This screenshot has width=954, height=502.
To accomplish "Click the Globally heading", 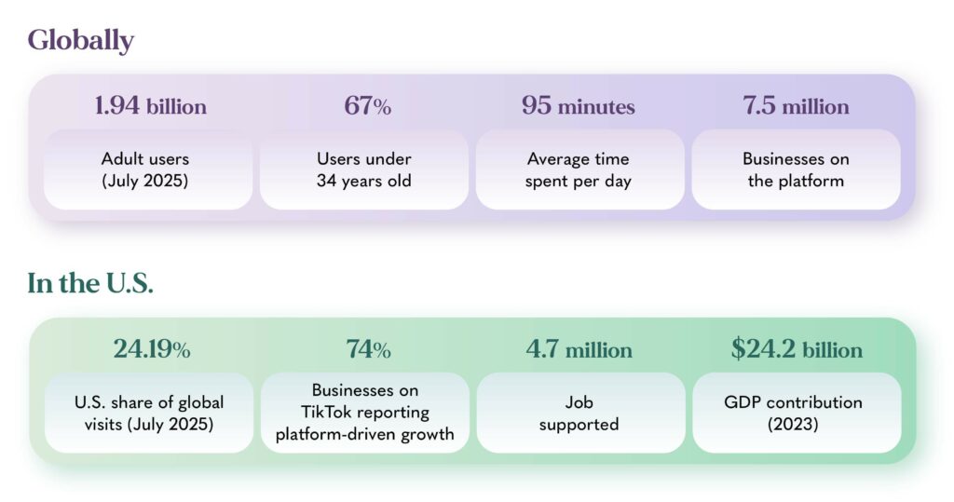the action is tap(80, 41).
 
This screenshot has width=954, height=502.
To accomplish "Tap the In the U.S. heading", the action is tap(90, 283).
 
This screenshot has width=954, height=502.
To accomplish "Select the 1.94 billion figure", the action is tap(150, 106).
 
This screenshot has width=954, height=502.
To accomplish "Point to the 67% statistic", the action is tap(367, 106).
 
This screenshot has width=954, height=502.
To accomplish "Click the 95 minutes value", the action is tap(578, 106).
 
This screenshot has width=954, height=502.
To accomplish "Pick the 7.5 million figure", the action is tap(796, 106).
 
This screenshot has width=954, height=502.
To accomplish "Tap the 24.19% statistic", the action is tap(152, 349).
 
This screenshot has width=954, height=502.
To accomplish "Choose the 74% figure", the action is tap(368, 349).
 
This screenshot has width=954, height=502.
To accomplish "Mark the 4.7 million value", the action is tap(579, 349).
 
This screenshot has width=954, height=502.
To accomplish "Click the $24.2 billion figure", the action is tap(797, 349).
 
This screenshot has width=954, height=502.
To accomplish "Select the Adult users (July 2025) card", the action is tap(148, 170).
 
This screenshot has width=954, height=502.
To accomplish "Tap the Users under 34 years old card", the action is tap(364, 170).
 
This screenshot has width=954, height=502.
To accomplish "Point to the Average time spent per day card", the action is tap(579, 170).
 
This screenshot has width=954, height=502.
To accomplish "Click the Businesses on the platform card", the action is tap(796, 170).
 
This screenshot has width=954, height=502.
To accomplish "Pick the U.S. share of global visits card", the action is tap(149, 413).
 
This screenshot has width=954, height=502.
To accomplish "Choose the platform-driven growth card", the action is tap(365, 413).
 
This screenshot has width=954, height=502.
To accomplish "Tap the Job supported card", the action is tap(580, 413).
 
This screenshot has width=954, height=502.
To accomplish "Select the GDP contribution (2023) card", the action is tap(797, 413).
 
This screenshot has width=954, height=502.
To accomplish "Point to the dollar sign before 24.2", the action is tap(738, 349).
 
